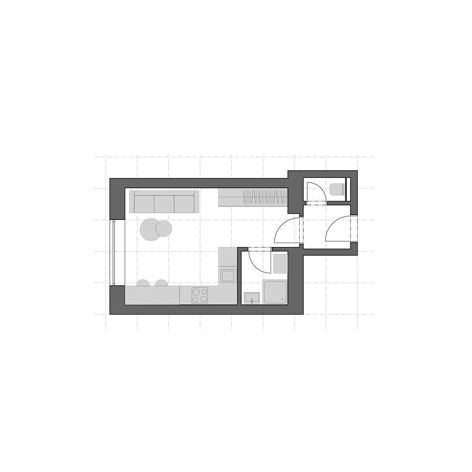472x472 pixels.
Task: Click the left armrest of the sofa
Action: click(132, 202)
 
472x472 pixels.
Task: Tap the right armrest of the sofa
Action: click(196, 202)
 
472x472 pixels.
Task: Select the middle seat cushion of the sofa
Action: click(164, 204)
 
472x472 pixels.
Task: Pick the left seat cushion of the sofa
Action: click(144, 204)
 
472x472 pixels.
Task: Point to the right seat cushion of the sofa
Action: click(184, 204)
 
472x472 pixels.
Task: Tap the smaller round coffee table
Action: click(164, 229)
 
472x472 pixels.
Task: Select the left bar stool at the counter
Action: click(143, 283)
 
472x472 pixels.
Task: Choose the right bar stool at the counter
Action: click(161, 283)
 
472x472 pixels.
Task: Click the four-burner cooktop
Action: click(200, 295)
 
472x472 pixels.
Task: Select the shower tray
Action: click(275, 292)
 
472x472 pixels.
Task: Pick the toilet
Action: click(337, 190)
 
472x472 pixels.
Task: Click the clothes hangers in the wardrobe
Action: click(265, 197)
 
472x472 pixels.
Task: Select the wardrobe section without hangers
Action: click(230, 197)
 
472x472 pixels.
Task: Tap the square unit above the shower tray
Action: click(280, 263)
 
